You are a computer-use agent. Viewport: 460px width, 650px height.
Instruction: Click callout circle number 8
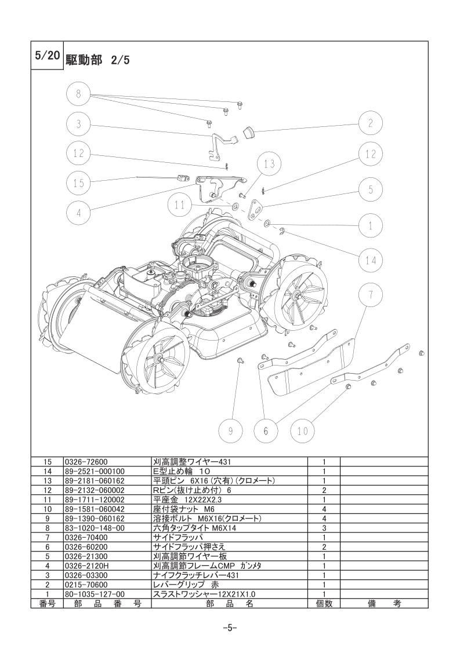tap(78, 94)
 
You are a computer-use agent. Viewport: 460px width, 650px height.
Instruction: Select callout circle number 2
tap(371, 123)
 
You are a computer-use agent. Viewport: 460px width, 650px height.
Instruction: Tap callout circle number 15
tap(78, 183)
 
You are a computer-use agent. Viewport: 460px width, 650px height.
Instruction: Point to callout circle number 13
tap(269, 164)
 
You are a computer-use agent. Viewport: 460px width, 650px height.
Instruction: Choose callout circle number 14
tap(371, 260)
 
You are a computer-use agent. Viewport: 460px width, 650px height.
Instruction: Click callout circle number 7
tap(371, 295)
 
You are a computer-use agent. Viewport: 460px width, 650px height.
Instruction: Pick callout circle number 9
tap(231, 431)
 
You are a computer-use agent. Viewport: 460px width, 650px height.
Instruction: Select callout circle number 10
tap(303, 431)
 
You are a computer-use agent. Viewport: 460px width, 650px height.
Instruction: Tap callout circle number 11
tap(180, 205)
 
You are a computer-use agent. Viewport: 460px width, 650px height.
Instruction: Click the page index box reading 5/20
tap(48, 56)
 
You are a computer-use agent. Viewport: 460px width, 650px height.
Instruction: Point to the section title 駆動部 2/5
tap(97, 60)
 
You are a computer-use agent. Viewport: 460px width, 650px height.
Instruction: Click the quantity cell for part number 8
tap(324, 528)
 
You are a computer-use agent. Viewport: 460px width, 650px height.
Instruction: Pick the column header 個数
tap(324, 604)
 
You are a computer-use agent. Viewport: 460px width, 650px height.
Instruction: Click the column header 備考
tap(385, 604)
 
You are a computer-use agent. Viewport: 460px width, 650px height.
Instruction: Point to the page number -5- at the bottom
tap(230, 627)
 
